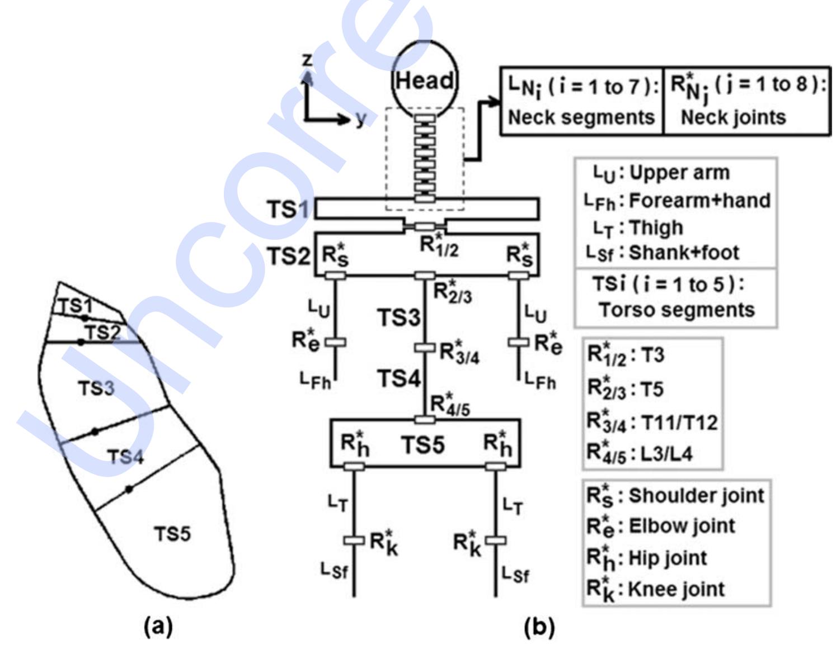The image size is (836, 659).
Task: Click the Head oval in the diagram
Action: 424,81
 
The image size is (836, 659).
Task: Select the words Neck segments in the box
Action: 581,117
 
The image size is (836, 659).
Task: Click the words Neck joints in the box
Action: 733,117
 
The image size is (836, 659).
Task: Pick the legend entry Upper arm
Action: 679,172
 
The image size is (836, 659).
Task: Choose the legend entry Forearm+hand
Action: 700,200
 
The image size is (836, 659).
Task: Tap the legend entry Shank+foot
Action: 684,253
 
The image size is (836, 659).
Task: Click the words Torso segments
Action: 677,309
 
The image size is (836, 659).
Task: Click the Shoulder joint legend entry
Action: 696,495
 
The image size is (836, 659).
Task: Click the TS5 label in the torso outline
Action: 172,534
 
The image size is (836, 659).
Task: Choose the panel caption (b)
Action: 539,627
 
